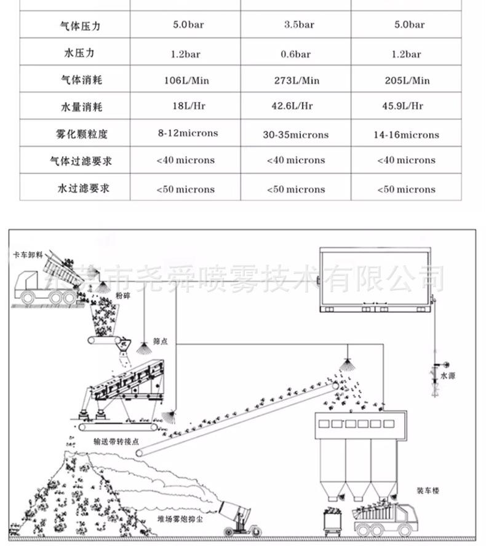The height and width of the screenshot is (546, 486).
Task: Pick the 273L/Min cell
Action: (297, 81)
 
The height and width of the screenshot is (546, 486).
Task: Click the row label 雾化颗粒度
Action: (81, 134)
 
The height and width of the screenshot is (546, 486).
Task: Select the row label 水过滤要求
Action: (82, 188)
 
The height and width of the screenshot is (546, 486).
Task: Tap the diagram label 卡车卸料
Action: (27, 254)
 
